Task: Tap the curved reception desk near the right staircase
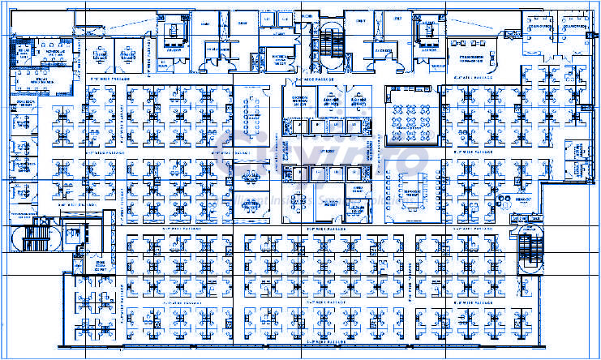pyautogui.click(x=509, y=199)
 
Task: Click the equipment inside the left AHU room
pyautogui.click(x=173, y=33)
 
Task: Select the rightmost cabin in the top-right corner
pyautogui.click(x=578, y=28)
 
